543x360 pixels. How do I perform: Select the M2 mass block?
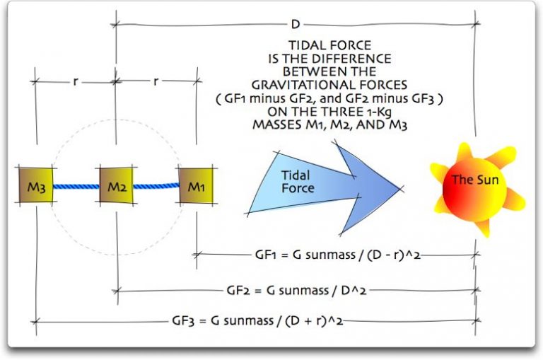115,187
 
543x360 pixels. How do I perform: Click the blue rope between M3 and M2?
74,187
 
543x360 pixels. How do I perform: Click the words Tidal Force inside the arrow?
298,182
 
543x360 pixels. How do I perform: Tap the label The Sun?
475,180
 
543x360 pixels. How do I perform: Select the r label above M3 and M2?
75,81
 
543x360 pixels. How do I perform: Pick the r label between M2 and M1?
156,81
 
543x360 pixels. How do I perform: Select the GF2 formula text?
296,290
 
